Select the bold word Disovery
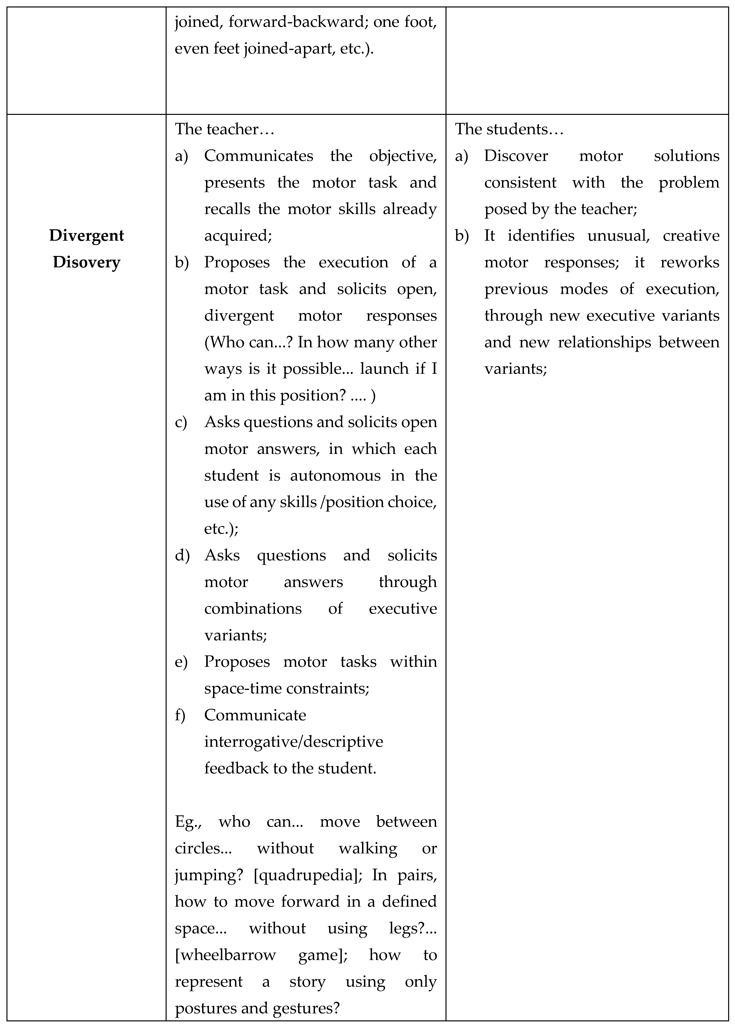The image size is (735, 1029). tap(86, 262)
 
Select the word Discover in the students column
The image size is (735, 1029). tap(516, 156)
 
